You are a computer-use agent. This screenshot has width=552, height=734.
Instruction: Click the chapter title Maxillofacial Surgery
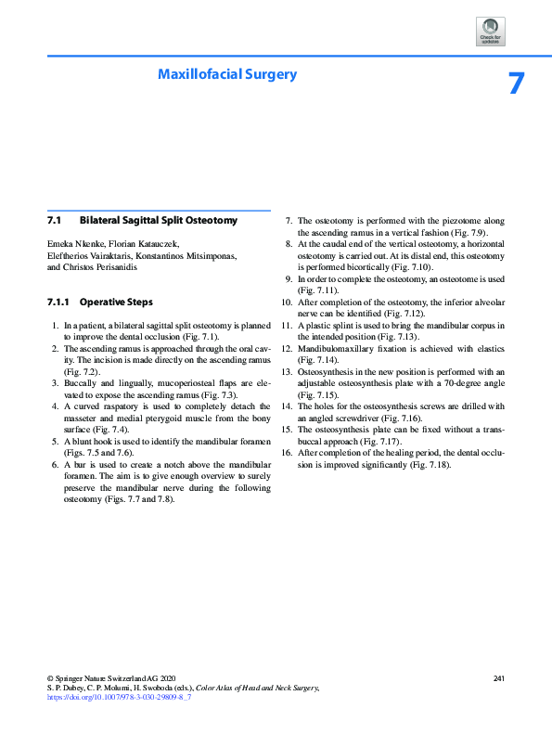click(227, 73)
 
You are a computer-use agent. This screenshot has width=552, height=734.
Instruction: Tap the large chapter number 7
click(518, 84)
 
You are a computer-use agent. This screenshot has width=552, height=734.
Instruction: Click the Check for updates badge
click(489, 31)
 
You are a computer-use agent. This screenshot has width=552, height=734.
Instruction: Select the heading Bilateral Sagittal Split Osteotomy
click(159, 221)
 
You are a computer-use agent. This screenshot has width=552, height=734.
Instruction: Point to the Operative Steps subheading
click(116, 303)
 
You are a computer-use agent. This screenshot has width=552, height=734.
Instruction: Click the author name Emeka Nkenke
click(73, 244)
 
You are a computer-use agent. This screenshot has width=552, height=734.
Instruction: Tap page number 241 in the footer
click(498, 679)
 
